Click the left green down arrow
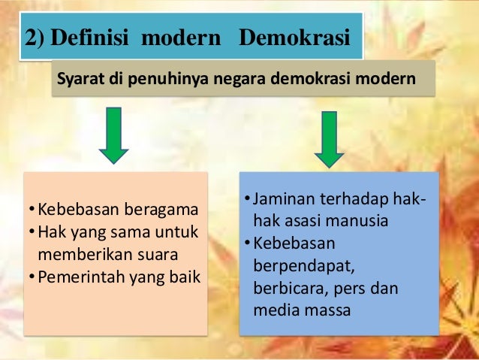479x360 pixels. [x=114, y=135]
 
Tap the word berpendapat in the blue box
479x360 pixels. [x=297, y=267]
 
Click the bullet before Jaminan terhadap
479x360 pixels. [x=247, y=201]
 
